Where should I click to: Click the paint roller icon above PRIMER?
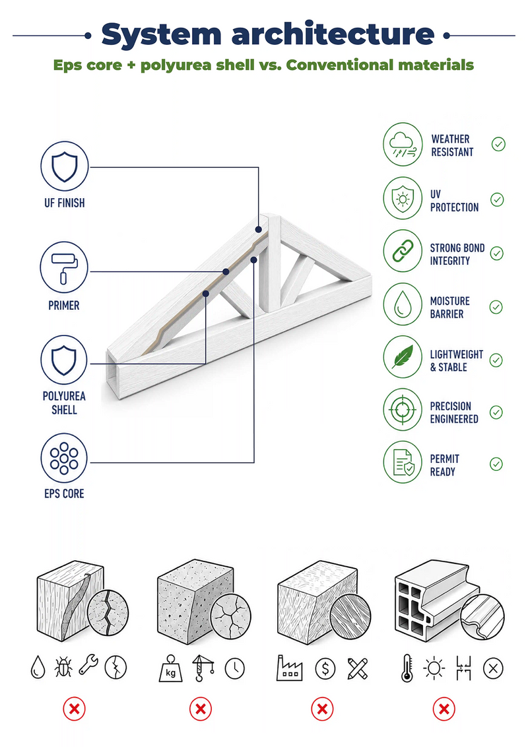pyautogui.click(x=64, y=267)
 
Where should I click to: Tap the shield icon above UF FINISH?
pyautogui.click(x=64, y=166)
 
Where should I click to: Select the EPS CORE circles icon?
pyautogui.click(x=64, y=458)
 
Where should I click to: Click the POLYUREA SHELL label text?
pyautogui.click(x=64, y=403)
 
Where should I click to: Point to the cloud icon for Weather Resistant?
pyautogui.click(x=403, y=145)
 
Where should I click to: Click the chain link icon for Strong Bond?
pyautogui.click(x=403, y=251)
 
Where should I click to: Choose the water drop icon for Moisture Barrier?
pyautogui.click(x=403, y=304)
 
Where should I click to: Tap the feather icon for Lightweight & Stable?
pyautogui.click(x=403, y=357)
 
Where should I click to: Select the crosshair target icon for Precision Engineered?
pyautogui.click(x=403, y=409)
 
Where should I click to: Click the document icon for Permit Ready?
pyautogui.click(x=403, y=462)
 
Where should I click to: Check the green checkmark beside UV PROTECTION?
pyautogui.click(x=497, y=199)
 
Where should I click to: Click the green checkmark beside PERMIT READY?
pyautogui.click(x=496, y=464)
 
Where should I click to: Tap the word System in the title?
pyautogui.click(x=162, y=35)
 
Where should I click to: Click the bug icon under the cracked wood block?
pyautogui.click(x=63, y=668)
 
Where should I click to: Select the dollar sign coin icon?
pyautogui.click(x=325, y=669)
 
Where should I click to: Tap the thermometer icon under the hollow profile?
pyautogui.click(x=407, y=668)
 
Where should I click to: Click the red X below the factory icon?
pyautogui.click(x=322, y=709)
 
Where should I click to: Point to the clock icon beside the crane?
pyautogui.click(x=235, y=668)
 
